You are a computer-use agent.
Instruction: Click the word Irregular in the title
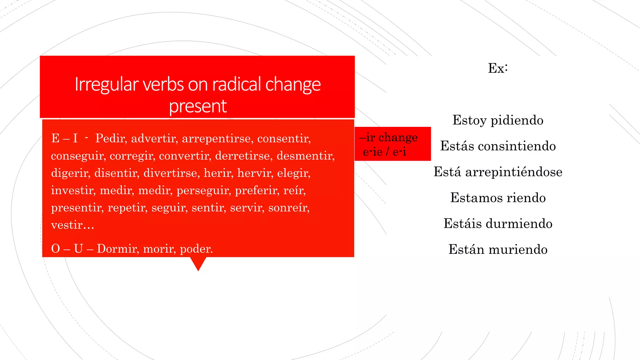[x=107, y=85]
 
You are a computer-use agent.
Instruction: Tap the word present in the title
[x=197, y=106]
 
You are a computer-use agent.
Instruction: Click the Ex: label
[x=498, y=68]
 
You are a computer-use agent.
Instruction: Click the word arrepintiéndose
[x=514, y=172]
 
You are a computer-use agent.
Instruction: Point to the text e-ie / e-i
[x=384, y=152]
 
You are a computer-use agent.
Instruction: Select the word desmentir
[x=305, y=156]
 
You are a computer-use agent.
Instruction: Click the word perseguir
[x=203, y=190]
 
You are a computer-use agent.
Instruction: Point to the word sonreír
[x=289, y=207]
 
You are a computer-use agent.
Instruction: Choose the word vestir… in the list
[x=72, y=225]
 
